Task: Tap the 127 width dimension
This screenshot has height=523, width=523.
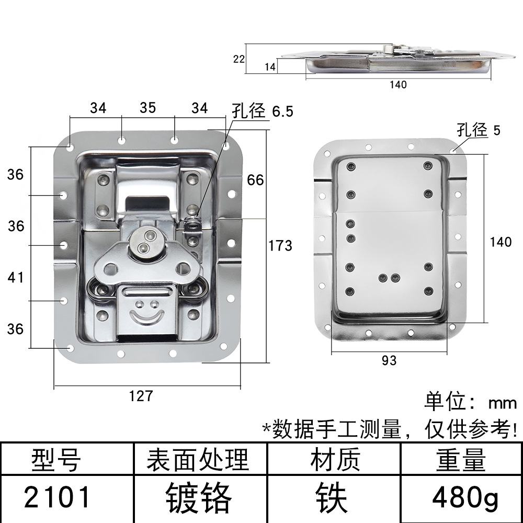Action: [x=141, y=396]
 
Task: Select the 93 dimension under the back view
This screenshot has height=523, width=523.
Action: [x=389, y=360]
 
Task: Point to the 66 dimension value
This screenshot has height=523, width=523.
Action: [x=255, y=180]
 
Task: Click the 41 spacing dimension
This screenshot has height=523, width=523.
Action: [x=16, y=277]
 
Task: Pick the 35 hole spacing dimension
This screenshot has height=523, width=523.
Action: [x=147, y=108]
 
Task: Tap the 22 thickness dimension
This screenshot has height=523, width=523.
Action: [x=238, y=59]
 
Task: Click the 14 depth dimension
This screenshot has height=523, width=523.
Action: [x=270, y=67]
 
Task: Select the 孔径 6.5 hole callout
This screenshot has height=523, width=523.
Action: [x=263, y=111]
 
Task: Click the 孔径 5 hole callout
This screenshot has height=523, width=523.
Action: [x=478, y=130]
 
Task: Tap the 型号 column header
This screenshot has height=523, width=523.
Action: [x=56, y=460]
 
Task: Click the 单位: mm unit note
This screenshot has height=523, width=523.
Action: [x=470, y=402]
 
